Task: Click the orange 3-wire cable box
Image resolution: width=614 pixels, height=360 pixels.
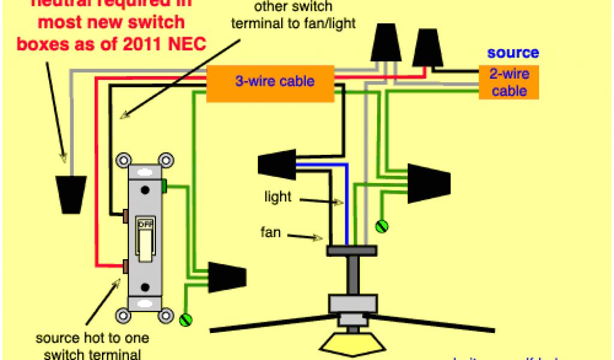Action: click(270, 82)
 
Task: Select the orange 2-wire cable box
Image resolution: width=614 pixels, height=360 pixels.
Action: click(508, 82)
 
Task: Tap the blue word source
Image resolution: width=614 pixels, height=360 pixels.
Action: click(513, 53)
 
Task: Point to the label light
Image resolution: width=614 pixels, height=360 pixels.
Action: click(278, 197)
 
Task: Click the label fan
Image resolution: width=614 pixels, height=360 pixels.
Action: click(270, 232)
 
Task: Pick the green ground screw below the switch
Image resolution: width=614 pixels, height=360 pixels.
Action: click(185, 320)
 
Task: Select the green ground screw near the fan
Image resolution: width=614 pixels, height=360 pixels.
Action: click(381, 226)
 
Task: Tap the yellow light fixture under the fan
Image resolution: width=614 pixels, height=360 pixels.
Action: click(352, 344)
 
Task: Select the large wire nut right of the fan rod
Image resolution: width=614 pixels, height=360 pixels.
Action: click(429, 183)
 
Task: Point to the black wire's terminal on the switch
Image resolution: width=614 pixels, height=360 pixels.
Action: click(125, 214)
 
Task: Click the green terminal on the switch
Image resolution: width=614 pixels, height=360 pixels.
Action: click(163, 186)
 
